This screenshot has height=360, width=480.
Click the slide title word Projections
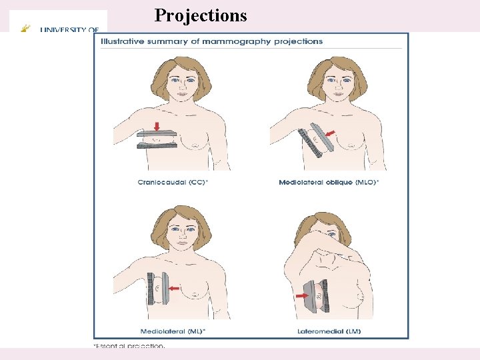click(x=200, y=15)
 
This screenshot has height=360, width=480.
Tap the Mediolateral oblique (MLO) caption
click(x=329, y=182)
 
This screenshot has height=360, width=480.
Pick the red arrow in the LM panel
click(x=302, y=294)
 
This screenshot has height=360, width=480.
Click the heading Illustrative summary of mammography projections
click(x=211, y=41)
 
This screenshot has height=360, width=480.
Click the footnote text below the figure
click(x=129, y=346)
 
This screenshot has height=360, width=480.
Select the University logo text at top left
click(x=70, y=29)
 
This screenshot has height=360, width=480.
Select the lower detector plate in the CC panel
click(x=157, y=145)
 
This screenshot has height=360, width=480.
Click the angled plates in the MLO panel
click(x=317, y=142)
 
